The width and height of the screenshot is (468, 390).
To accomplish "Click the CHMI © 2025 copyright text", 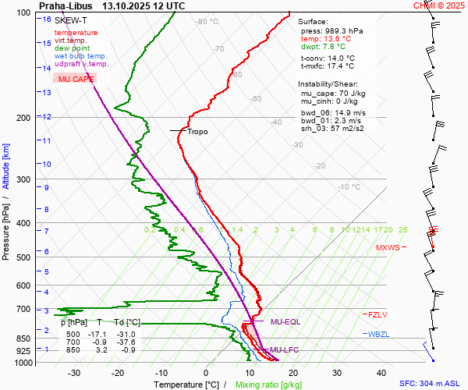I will click(439, 5).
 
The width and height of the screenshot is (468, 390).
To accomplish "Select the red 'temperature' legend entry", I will click(76, 33).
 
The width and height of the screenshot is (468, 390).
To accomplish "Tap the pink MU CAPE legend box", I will click(76, 79).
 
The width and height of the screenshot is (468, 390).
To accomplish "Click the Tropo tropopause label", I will click(197, 132).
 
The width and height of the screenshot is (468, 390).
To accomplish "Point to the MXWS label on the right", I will click(388, 248).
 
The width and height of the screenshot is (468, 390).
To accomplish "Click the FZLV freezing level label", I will click(378, 314).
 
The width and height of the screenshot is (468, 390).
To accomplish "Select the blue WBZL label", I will click(378, 334).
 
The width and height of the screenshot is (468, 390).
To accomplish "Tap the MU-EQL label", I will click(285, 321).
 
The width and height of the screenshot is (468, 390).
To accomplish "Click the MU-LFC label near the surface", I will click(284, 350).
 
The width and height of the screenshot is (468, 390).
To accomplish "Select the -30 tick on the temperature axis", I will click(74, 373).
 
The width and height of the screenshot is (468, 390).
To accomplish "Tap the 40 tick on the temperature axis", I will click(381, 373).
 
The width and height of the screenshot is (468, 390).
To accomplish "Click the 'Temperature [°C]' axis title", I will click(186, 385).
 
